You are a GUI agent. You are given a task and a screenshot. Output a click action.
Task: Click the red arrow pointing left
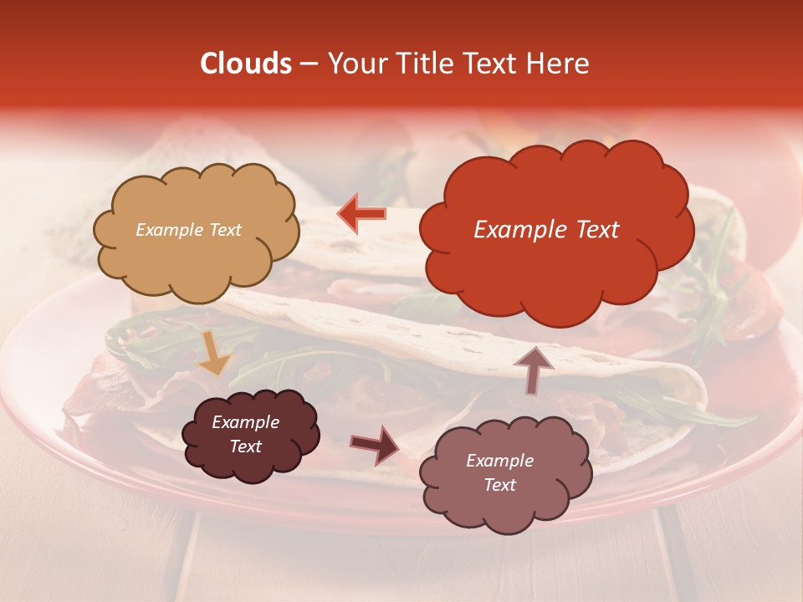(x=361, y=213)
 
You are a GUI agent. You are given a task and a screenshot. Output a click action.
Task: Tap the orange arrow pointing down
(x=213, y=354)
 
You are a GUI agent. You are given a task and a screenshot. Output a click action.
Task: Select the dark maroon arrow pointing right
(x=375, y=443)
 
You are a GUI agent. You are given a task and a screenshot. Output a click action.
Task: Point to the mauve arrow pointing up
(x=533, y=369)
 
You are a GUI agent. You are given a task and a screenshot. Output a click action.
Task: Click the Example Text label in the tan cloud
(x=188, y=230)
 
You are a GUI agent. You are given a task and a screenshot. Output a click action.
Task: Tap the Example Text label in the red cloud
(x=546, y=229)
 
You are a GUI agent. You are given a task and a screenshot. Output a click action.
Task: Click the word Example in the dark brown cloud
(x=245, y=422)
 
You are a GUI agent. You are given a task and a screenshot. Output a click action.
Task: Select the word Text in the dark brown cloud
(x=245, y=446)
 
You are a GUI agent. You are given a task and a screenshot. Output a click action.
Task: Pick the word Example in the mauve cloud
(x=499, y=461)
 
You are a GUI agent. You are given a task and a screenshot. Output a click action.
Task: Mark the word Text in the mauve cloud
(x=499, y=485)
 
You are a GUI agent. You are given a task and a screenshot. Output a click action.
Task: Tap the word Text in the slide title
(x=494, y=64)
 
